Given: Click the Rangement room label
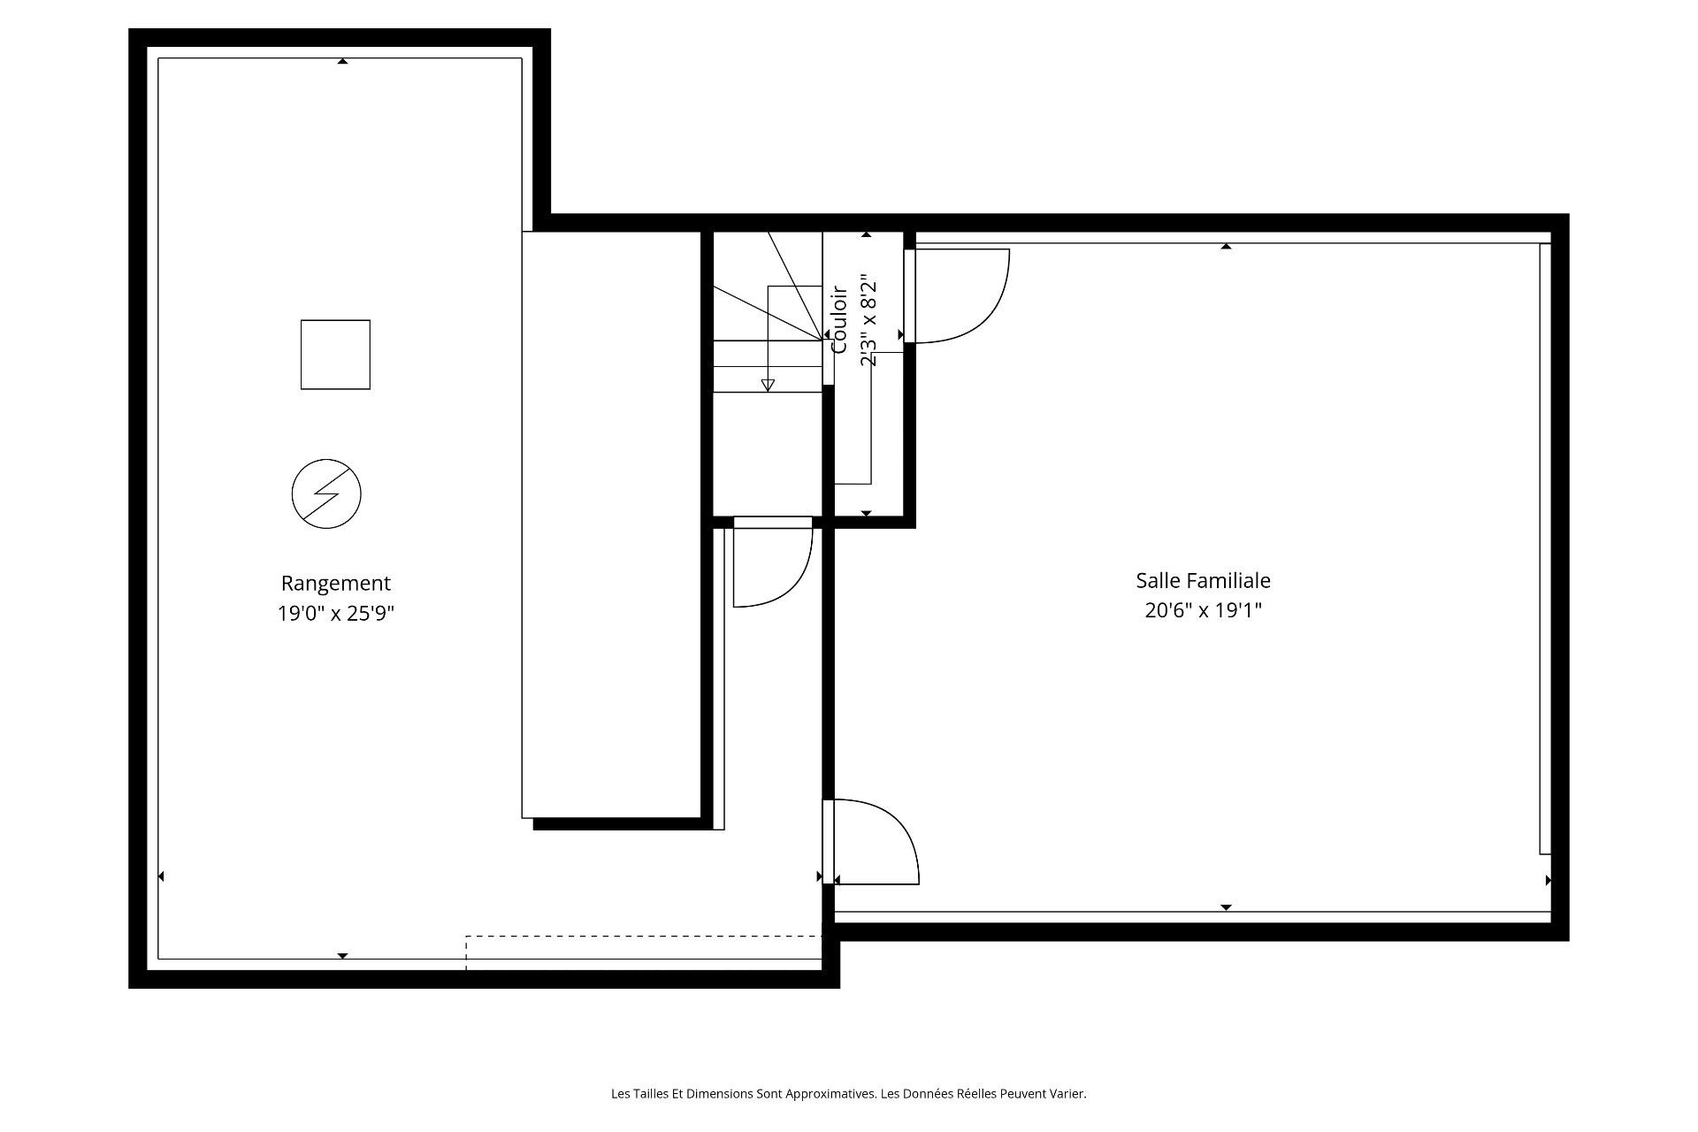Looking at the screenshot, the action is (335, 584).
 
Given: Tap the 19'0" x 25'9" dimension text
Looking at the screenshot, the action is (335, 614).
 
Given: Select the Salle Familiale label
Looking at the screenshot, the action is (1203, 581).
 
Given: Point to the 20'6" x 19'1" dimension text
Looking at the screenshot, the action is (1203, 610).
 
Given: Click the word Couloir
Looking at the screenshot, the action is (839, 319).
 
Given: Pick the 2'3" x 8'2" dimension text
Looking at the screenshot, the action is (868, 321).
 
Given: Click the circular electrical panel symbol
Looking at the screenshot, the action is (326, 493).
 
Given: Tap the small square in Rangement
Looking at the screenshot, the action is (335, 355).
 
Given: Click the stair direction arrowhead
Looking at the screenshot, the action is (768, 385).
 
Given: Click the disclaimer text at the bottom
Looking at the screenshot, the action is (849, 1094).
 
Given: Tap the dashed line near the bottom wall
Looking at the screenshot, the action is (644, 936).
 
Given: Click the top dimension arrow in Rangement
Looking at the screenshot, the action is (342, 61).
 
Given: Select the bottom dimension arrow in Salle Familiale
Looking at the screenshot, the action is (1226, 907).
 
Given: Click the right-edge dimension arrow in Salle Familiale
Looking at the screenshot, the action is (1548, 880).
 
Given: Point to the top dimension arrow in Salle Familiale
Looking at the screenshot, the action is (1226, 247).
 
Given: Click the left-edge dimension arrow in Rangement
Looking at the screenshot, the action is (161, 876).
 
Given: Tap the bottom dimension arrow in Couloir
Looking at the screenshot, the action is (866, 513).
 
